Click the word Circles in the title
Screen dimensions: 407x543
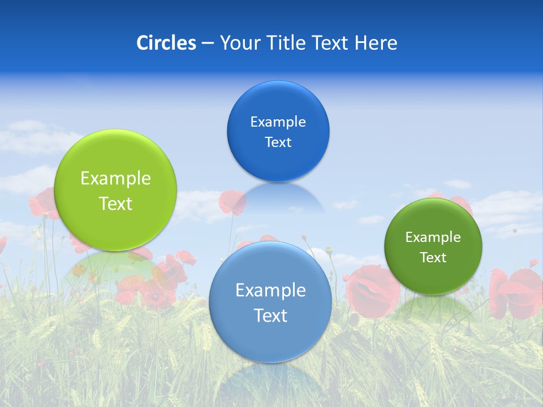coord(166,43)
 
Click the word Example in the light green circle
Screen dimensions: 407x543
coord(115,179)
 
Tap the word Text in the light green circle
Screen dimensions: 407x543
coord(115,203)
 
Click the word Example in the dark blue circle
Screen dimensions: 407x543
coord(278,122)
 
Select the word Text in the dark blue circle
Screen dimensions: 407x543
coord(278,142)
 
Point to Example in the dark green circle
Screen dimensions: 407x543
coord(433,237)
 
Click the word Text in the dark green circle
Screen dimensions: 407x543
coord(433,258)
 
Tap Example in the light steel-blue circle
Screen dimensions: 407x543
coord(270,291)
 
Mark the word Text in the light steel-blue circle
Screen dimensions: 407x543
coord(270,315)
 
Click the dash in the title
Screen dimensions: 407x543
coord(208,43)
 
